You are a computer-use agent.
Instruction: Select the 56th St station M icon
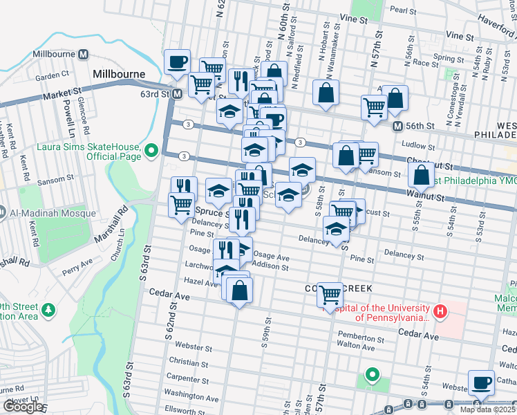click(397, 127)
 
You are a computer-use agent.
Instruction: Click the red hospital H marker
click(440, 313)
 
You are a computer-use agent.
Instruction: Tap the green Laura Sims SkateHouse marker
click(151, 149)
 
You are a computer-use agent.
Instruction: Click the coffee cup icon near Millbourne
click(177, 62)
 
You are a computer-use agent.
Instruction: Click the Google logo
click(22, 407)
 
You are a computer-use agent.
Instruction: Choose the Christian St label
click(183, 362)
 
